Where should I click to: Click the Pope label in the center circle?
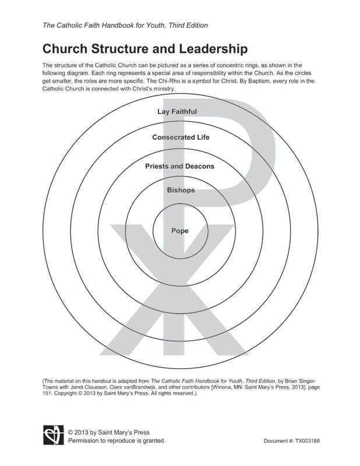pyautogui.click(x=179, y=231)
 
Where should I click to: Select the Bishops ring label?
pyautogui.click(x=181, y=190)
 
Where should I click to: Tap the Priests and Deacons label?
pyautogui.click(x=179, y=166)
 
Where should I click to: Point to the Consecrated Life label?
pyautogui.click(x=181, y=137)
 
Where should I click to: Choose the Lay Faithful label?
pyautogui.click(x=177, y=111)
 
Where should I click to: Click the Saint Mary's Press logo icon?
pyautogui.click(x=51, y=436)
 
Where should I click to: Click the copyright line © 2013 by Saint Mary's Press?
pyautogui.click(x=108, y=432)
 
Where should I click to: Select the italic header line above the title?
pyautogui.click(x=125, y=26)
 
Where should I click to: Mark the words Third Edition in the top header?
pyautogui.click(x=187, y=26)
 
